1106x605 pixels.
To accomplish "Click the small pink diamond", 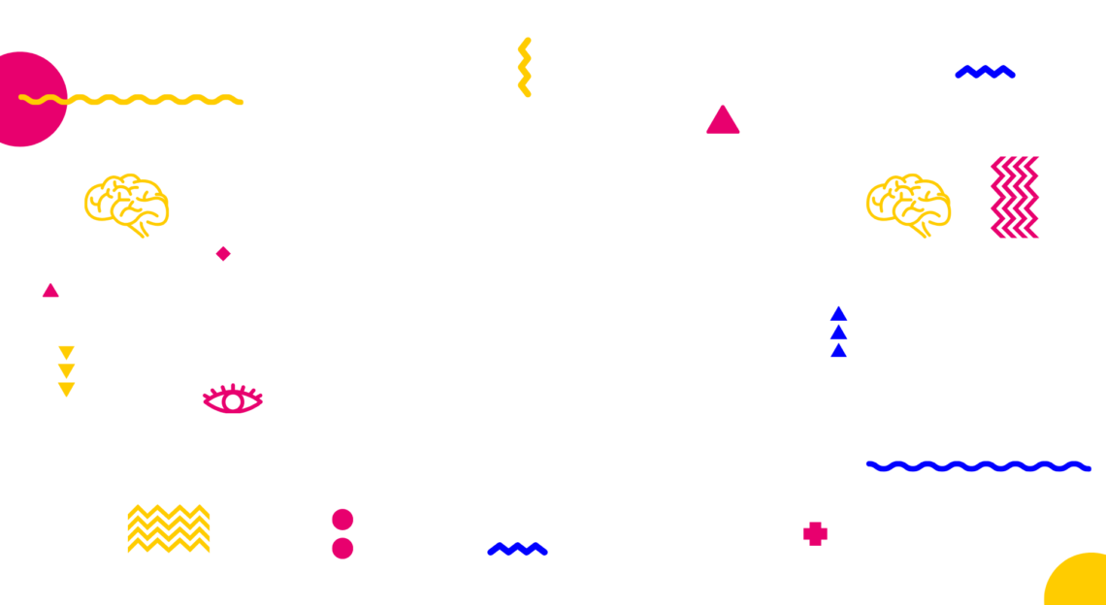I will [x=223, y=254].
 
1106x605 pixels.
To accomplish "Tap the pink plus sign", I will [x=815, y=534].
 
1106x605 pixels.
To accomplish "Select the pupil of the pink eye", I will [x=233, y=401].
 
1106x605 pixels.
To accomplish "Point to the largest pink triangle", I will [x=723, y=122].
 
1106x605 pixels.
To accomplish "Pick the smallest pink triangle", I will [x=50, y=291].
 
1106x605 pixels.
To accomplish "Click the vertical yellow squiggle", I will [x=524, y=67].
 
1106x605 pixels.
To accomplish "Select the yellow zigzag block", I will [x=169, y=528].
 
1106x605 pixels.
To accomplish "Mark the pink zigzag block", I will [x=1015, y=197].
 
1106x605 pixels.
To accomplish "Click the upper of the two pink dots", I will [x=342, y=520].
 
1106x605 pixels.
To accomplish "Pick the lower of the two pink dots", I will [x=342, y=549].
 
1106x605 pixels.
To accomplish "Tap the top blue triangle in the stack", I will [x=838, y=314].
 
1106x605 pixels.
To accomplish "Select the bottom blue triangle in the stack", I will [x=838, y=351].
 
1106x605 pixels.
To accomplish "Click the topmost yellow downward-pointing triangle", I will [x=66, y=352].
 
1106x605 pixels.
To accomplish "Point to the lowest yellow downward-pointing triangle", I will [x=66, y=389].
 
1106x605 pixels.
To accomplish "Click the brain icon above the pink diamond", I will [x=126, y=204].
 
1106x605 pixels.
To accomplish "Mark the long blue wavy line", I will [x=978, y=466].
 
